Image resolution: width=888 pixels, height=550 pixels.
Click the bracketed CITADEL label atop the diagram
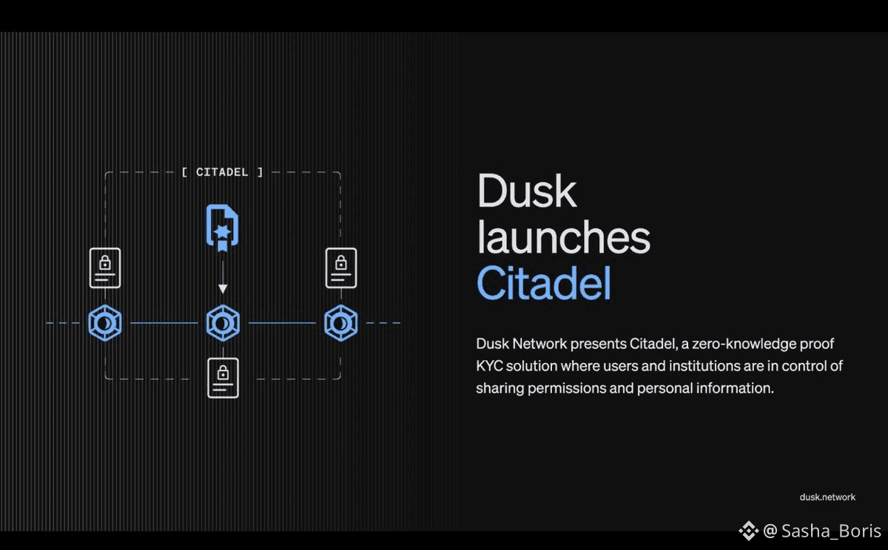pyautogui.click(x=222, y=172)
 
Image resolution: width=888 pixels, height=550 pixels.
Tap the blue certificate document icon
pyautogui.click(x=223, y=228)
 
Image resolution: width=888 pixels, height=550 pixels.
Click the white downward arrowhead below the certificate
pyautogui.click(x=223, y=288)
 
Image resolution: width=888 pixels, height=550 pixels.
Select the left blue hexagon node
pyautogui.click(x=105, y=323)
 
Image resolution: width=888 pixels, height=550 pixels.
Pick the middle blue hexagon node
pyautogui.click(x=223, y=323)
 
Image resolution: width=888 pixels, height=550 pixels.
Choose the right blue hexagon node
pyautogui.click(x=341, y=323)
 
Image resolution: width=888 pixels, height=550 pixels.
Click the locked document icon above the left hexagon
pyautogui.click(x=105, y=268)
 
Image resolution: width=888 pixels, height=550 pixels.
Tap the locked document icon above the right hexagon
pyautogui.click(x=341, y=268)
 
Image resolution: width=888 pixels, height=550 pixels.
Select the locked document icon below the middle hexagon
pyautogui.click(x=223, y=378)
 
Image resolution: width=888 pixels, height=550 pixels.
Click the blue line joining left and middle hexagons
pyautogui.click(x=164, y=323)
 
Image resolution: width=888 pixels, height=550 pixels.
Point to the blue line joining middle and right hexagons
pyautogui.click(x=282, y=323)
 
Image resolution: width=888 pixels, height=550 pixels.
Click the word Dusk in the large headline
pyautogui.click(x=527, y=191)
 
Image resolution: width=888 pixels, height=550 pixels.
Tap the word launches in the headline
pyautogui.click(x=564, y=237)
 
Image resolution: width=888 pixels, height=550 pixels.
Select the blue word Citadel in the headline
pyautogui.click(x=544, y=283)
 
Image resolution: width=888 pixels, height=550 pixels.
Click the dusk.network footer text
pyautogui.click(x=827, y=498)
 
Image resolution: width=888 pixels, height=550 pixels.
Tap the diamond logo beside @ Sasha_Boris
pyautogui.click(x=748, y=531)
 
